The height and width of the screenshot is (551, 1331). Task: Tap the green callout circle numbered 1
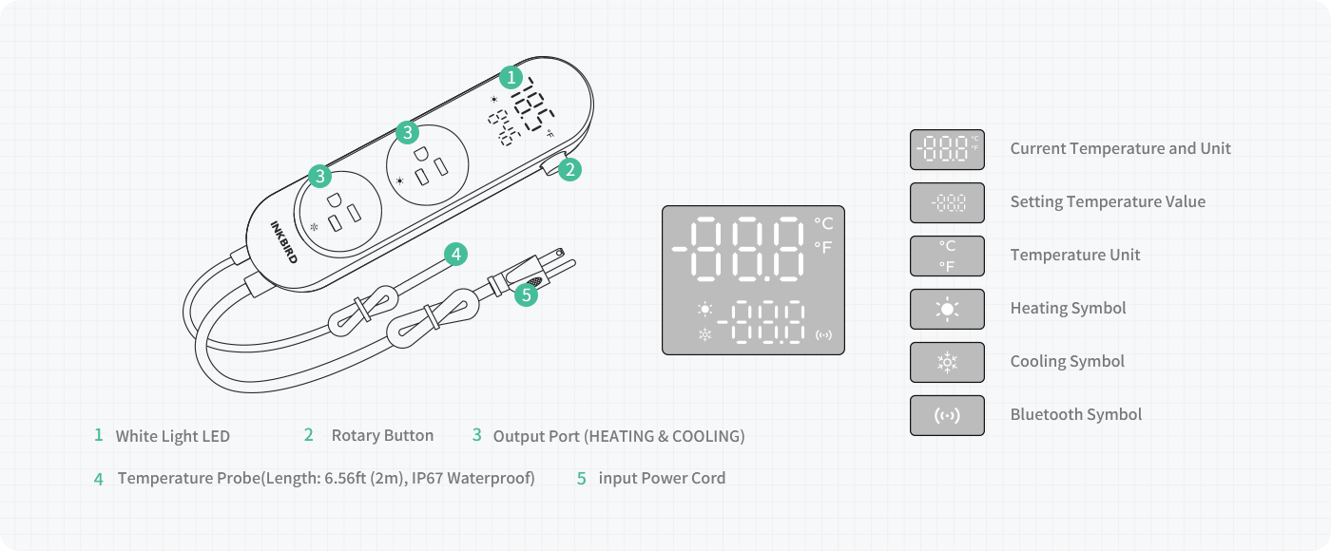click(x=511, y=77)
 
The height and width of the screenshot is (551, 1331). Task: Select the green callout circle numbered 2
click(x=569, y=170)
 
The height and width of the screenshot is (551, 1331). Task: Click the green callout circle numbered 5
click(x=526, y=295)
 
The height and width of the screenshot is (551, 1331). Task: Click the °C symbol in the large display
click(x=823, y=223)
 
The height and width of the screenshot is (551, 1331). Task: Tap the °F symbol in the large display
click(x=823, y=247)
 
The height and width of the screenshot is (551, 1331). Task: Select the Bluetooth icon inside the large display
click(x=823, y=334)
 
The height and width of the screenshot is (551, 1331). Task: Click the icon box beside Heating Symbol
click(x=947, y=309)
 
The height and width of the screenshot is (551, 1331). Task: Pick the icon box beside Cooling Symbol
click(x=947, y=362)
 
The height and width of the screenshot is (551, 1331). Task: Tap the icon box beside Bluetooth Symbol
click(x=947, y=415)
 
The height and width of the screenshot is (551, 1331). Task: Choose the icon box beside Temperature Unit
click(x=947, y=256)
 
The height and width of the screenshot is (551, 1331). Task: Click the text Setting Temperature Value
click(x=1108, y=201)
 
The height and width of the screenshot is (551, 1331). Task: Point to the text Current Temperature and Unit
click(x=1120, y=148)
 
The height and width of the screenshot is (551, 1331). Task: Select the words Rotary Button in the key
click(x=382, y=435)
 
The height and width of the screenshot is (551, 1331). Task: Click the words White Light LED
click(x=172, y=436)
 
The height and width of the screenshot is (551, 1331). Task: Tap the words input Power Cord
click(x=662, y=478)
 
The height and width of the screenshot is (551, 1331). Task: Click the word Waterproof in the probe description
click(x=492, y=478)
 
